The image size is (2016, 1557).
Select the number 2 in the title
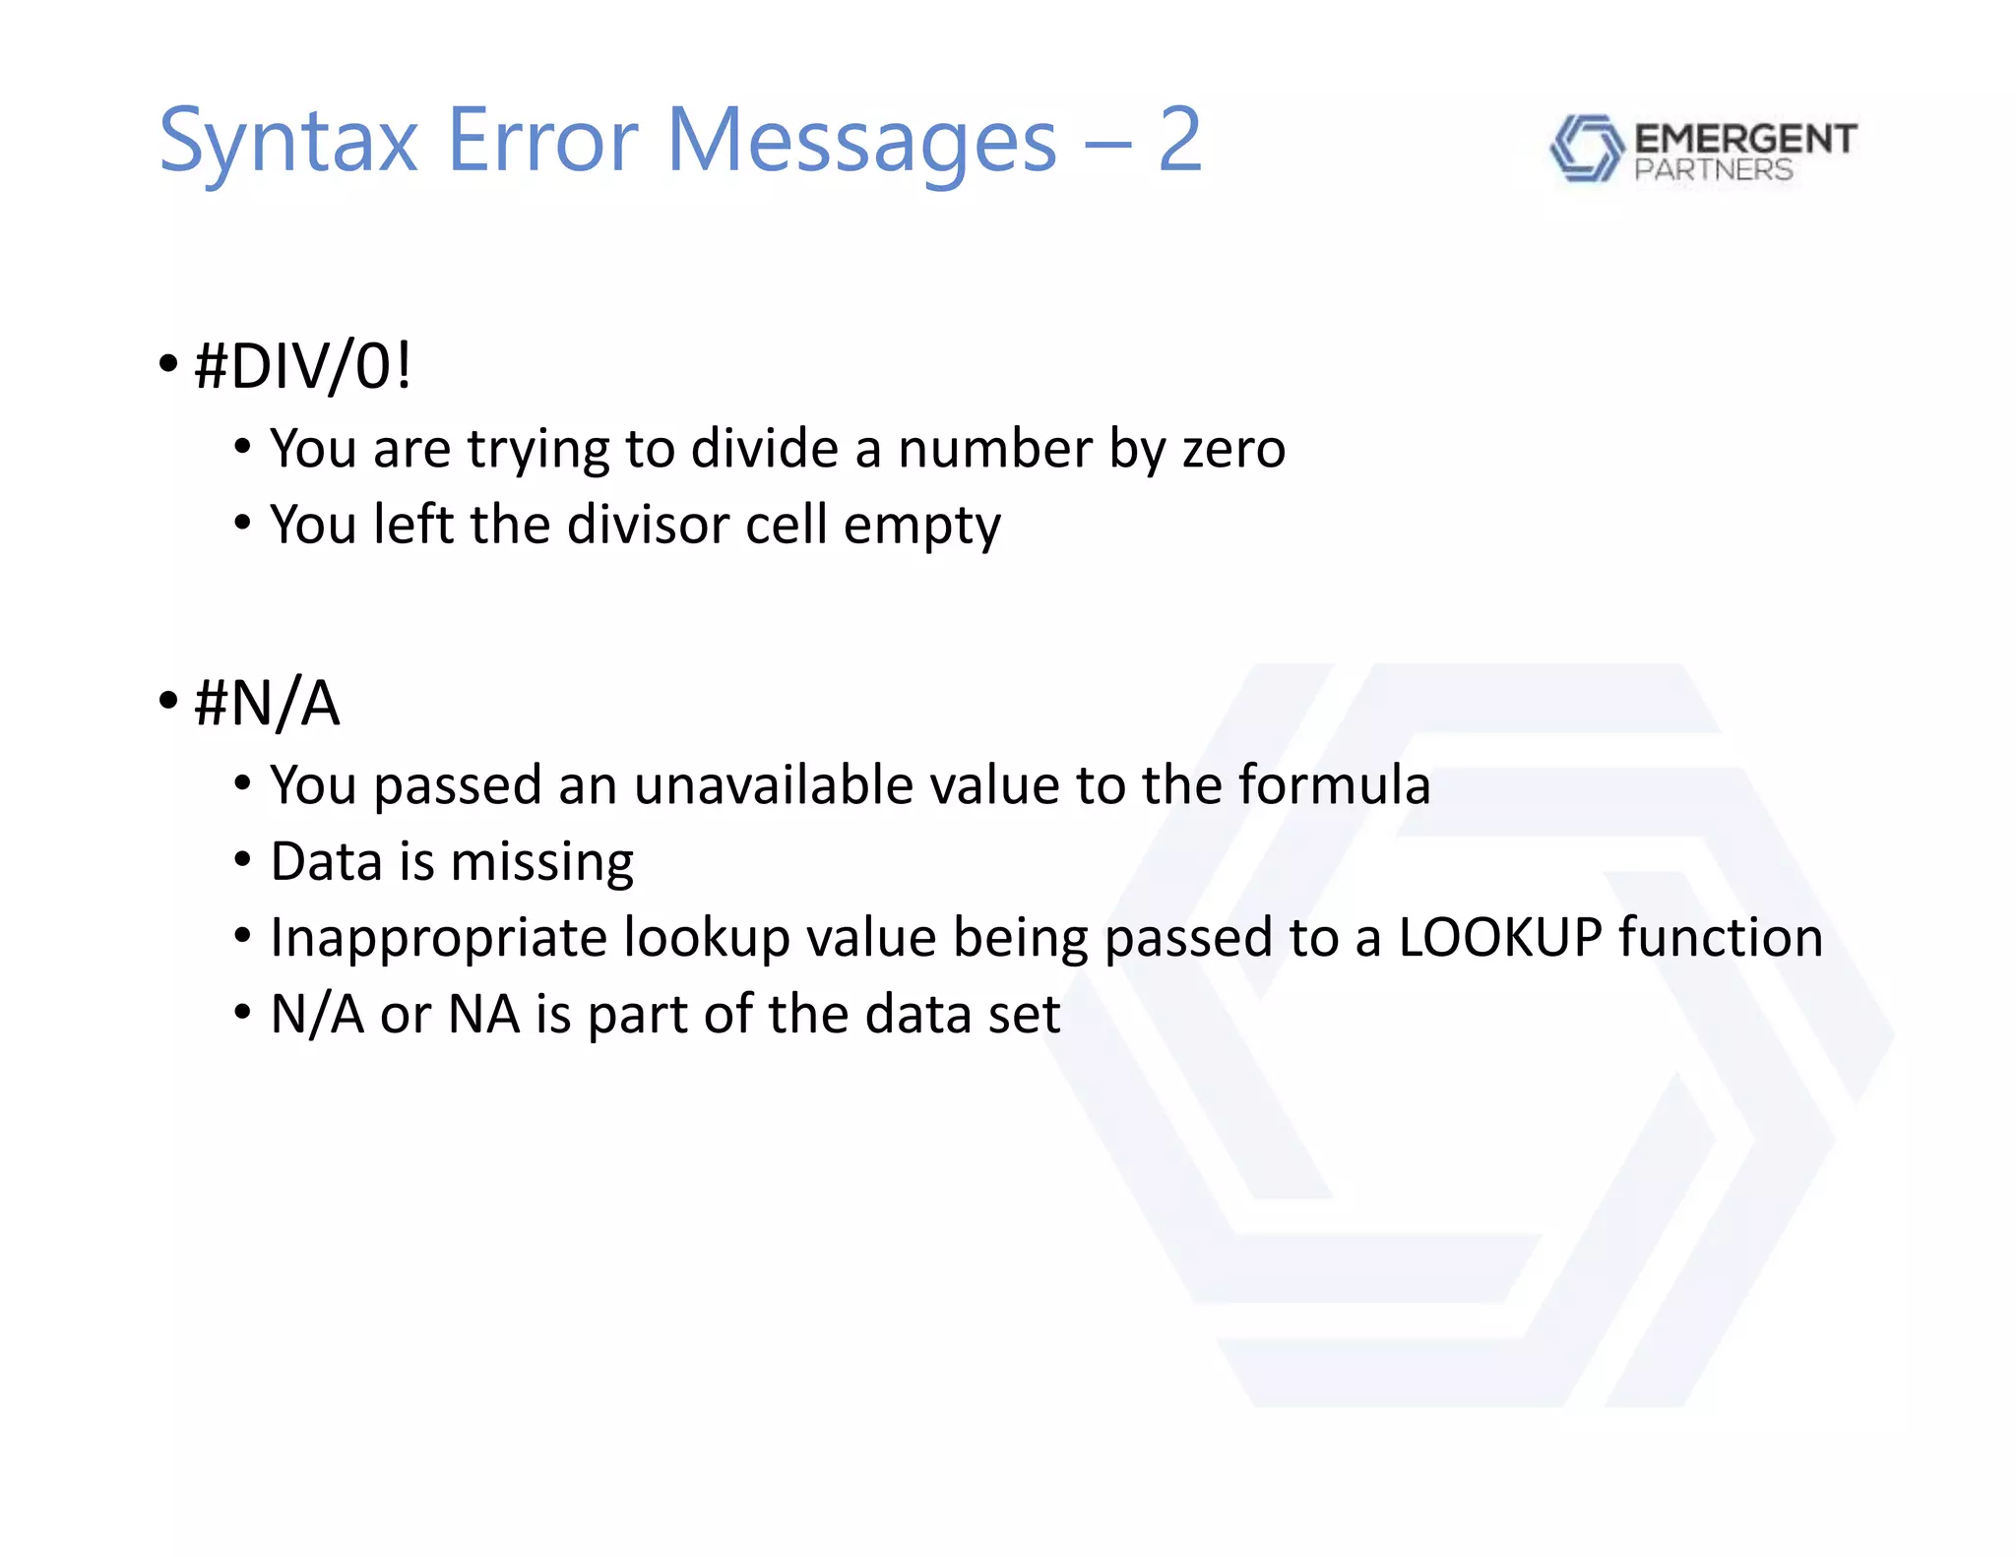pyautogui.click(x=1179, y=141)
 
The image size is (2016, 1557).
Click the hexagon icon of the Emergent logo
pyautogui.click(x=1586, y=148)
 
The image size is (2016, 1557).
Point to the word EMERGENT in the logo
pyautogui.click(x=1744, y=139)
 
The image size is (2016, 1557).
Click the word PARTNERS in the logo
pyautogui.click(x=1713, y=170)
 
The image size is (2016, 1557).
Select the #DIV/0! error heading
pyautogui.click(x=302, y=366)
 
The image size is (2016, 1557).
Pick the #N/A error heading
pyautogui.click(x=267, y=704)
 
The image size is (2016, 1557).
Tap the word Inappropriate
pyautogui.click(x=438, y=938)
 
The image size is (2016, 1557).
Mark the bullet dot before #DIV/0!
pyautogui.click(x=168, y=364)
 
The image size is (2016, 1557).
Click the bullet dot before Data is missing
pyautogui.click(x=243, y=860)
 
